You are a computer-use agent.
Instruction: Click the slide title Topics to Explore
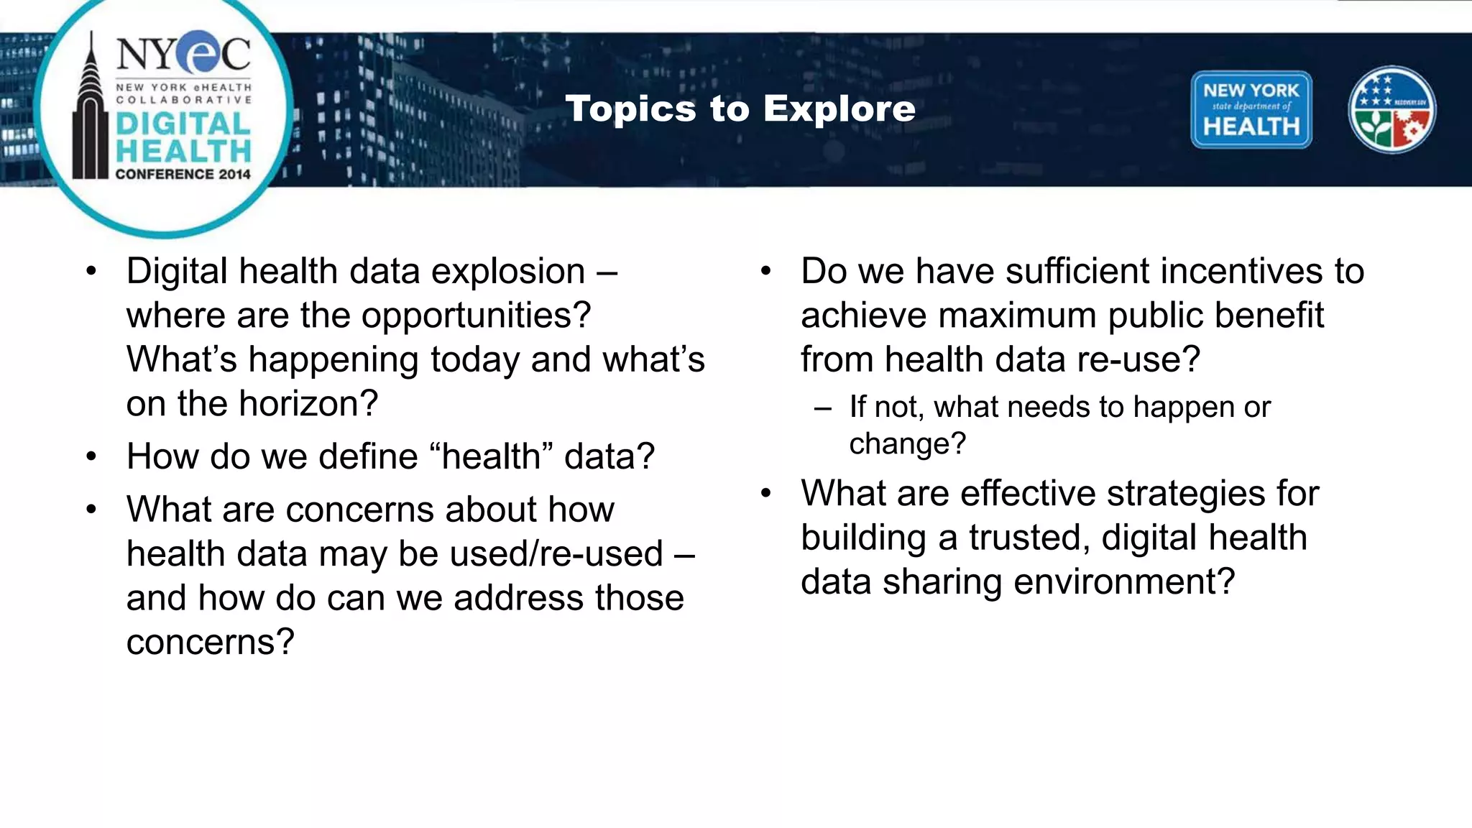pyautogui.click(x=740, y=109)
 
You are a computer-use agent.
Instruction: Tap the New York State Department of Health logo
pyautogui.click(x=1251, y=110)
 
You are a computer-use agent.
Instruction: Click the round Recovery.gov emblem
pyautogui.click(x=1391, y=110)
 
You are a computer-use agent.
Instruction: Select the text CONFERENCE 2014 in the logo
pyautogui.click(x=183, y=174)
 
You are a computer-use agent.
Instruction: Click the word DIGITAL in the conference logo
pyautogui.click(x=183, y=124)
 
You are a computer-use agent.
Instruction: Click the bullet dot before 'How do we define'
pyautogui.click(x=91, y=457)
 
